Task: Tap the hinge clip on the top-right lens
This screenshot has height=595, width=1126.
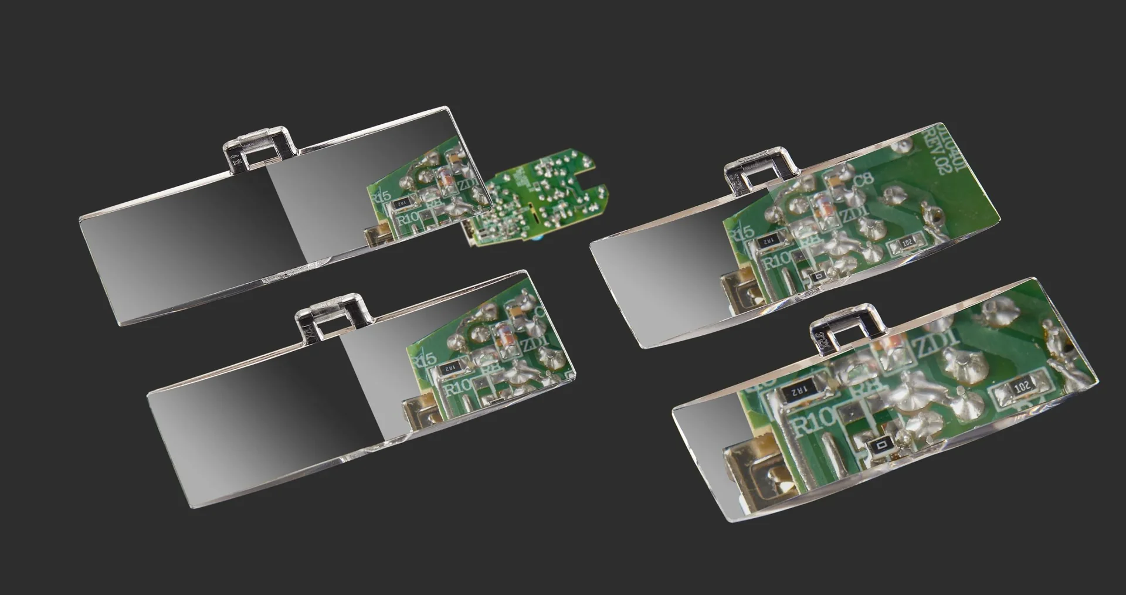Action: (x=761, y=169)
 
